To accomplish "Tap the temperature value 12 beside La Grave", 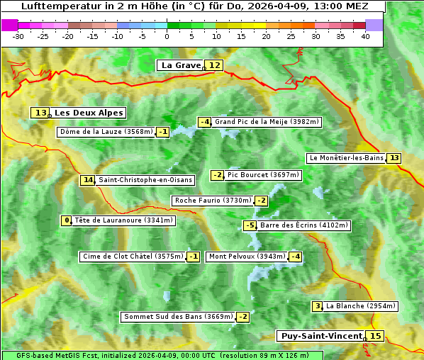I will (x=215, y=65).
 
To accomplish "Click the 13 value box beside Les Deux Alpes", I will (x=40, y=113).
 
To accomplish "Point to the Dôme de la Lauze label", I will (x=106, y=132).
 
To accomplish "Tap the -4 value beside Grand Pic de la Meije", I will (x=205, y=122).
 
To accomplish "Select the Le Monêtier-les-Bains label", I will (x=346, y=158).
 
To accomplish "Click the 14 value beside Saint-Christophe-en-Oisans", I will (x=88, y=180).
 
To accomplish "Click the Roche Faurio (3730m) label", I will (x=213, y=201).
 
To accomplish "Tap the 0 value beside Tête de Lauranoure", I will (x=67, y=220).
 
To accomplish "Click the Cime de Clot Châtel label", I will (x=133, y=257).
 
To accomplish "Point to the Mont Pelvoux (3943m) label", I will (x=247, y=257).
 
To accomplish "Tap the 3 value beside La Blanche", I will (x=317, y=306).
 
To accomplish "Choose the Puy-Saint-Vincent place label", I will (x=320, y=336).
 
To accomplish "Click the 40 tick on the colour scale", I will (x=365, y=35).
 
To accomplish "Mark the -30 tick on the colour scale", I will (x=18, y=35).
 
